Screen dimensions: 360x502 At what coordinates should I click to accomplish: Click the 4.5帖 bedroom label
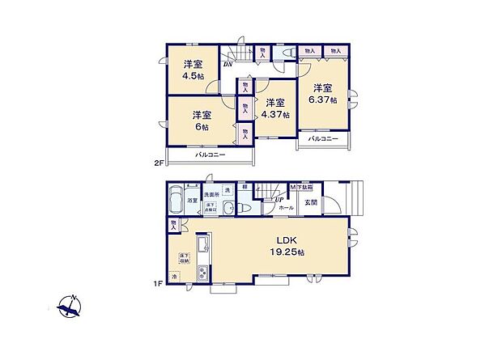pyautogui.click(x=192, y=70)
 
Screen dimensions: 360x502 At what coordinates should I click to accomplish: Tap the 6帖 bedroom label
pyautogui.click(x=202, y=121)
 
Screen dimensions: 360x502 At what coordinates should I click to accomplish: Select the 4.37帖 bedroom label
pyautogui.click(x=275, y=108)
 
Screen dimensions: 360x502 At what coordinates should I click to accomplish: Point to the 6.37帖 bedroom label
pyautogui.click(x=321, y=94)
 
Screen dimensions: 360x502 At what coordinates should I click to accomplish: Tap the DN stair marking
pyautogui.click(x=229, y=64)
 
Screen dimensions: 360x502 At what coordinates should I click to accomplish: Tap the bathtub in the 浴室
pyautogui.click(x=175, y=201)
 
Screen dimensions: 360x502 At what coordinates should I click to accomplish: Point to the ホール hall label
pyautogui.click(x=287, y=208)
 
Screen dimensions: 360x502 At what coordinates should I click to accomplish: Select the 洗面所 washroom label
pyautogui.click(x=212, y=194)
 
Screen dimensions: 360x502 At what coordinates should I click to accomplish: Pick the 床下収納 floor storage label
pyautogui.click(x=183, y=259)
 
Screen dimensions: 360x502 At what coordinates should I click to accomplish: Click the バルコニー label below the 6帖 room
pyautogui.click(x=209, y=155)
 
